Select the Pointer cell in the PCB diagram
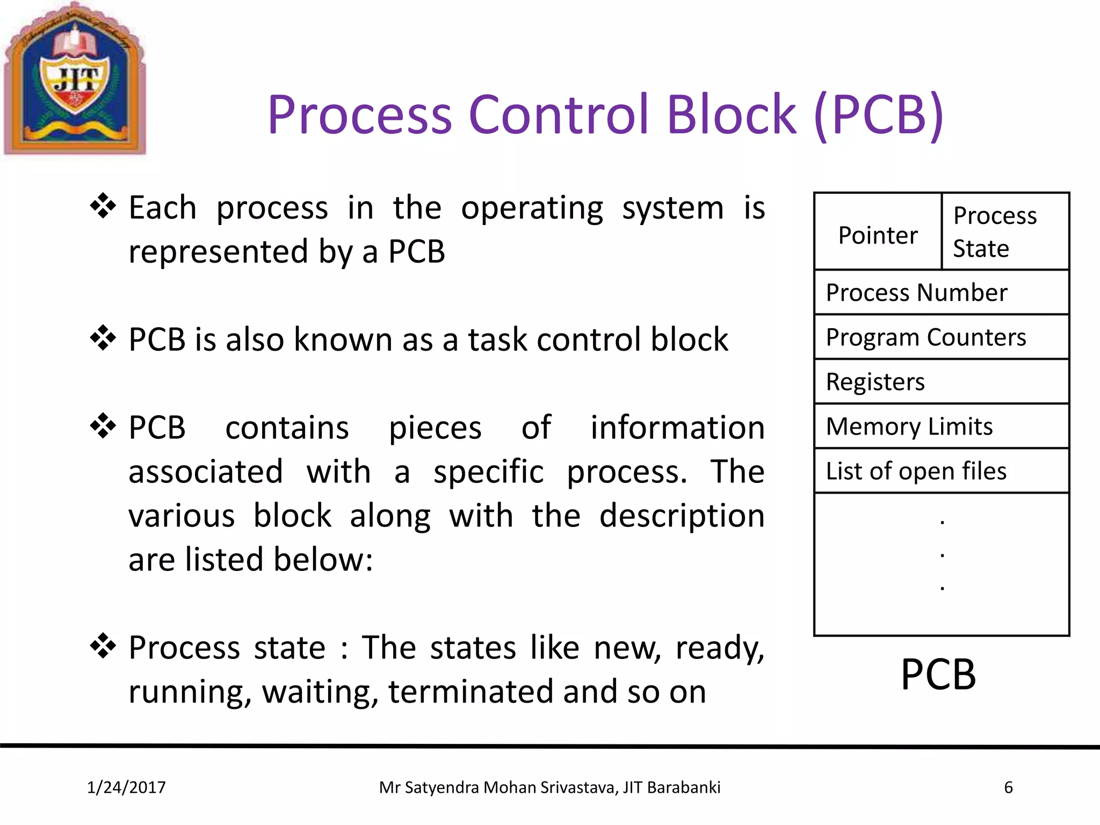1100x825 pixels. tap(878, 235)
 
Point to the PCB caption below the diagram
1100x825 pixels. tap(938, 675)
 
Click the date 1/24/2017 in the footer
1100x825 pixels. tap(126, 787)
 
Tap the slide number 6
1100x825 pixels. tap(1008, 787)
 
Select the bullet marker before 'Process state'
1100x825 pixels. tap(103, 646)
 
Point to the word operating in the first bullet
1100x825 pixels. tap(532, 208)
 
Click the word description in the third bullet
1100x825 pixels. tap(682, 516)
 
